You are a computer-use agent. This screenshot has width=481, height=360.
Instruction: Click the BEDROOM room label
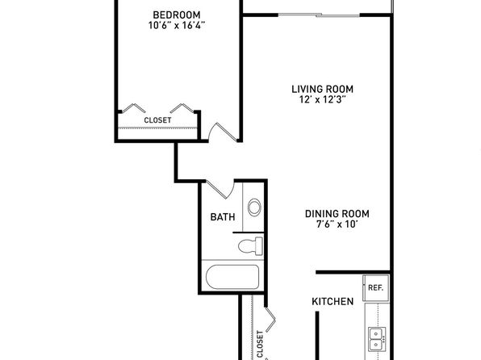[177, 15]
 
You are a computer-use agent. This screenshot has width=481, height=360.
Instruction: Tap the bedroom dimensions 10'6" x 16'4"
[177, 25]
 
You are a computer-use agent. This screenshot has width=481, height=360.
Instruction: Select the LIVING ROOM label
[322, 90]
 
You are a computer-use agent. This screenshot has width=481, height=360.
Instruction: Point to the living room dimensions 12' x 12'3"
[322, 99]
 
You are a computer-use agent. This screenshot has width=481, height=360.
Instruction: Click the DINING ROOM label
[337, 214]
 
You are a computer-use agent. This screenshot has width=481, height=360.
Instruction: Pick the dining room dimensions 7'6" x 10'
[337, 224]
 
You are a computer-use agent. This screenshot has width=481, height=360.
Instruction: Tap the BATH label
[223, 217]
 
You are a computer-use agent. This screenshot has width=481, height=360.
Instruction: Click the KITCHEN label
[333, 301]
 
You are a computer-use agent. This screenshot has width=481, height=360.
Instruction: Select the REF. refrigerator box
[376, 287]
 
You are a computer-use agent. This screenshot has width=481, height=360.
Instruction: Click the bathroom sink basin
[254, 207]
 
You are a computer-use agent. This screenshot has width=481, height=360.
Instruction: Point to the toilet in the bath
[251, 246]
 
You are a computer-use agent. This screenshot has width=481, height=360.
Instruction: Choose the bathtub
[232, 277]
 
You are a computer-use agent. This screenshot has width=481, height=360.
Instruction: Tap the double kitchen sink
[377, 339]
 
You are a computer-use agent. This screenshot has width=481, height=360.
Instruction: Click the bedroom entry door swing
[223, 132]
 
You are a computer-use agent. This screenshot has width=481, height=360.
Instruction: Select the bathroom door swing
[220, 189]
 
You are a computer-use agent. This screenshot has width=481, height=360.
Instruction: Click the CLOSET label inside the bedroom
[157, 120]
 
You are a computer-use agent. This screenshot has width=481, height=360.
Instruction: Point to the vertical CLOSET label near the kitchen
[260, 344]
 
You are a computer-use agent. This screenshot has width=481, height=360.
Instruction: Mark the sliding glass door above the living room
[319, 15]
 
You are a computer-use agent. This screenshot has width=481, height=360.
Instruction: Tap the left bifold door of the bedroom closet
[133, 108]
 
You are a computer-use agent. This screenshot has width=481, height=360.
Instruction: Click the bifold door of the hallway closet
[270, 320]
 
